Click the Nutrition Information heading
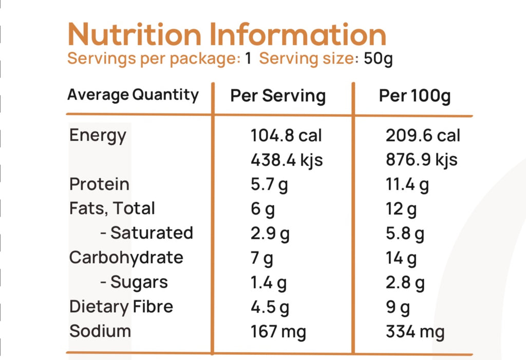pos(227,35)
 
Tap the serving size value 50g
pos(378,59)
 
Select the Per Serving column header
pos(277,96)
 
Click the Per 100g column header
pos(415,96)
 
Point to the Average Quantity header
pos(133,95)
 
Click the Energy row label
pos(98,136)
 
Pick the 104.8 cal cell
pos(286,136)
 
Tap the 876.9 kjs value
pos(421,160)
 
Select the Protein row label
pos(99,184)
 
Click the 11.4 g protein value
pos(407,184)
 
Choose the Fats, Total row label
pos(112,209)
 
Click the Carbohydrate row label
pos(126,257)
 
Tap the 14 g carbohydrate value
pos(401,258)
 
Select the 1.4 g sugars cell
pos(269,282)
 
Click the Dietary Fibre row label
pos(121,307)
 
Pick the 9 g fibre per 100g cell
pos(398,307)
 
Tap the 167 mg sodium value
pos(278,331)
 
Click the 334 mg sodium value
pos(415,331)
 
